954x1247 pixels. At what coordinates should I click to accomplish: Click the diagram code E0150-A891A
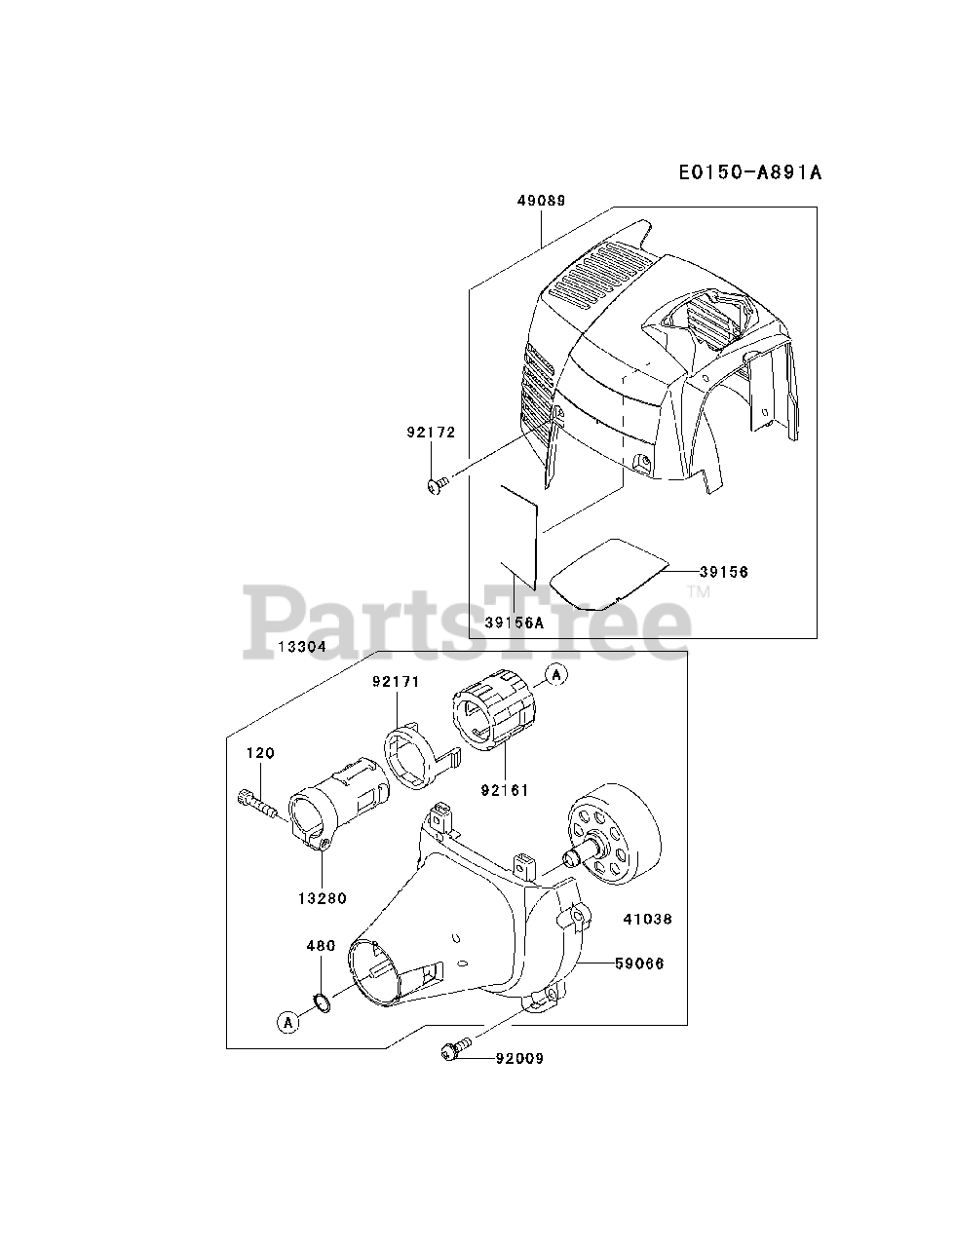pyautogui.click(x=750, y=172)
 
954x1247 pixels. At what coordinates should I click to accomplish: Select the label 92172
pyautogui.click(x=430, y=431)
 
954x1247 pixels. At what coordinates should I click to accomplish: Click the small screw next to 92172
pyautogui.click(x=438, y=482)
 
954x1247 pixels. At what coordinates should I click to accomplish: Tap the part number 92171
pyautogui.click(x=395, y=682)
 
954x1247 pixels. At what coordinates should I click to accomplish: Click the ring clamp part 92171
pyautogui.click(x=414, y=753)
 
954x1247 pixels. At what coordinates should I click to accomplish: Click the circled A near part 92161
pyautogui.click(x=555, y=673)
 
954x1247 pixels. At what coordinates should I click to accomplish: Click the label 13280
pyautogui.click(x=323, y=898)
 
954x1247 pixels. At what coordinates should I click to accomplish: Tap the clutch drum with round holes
pyautogui.click(x=614, y=831)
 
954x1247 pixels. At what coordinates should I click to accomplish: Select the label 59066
pyautogui.click(x=639, y=964)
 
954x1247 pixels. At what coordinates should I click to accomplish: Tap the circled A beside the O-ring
pyautogui.click(x=287, y=1021)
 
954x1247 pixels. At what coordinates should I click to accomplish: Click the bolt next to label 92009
pyautogui.click(x=454, y=1049)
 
